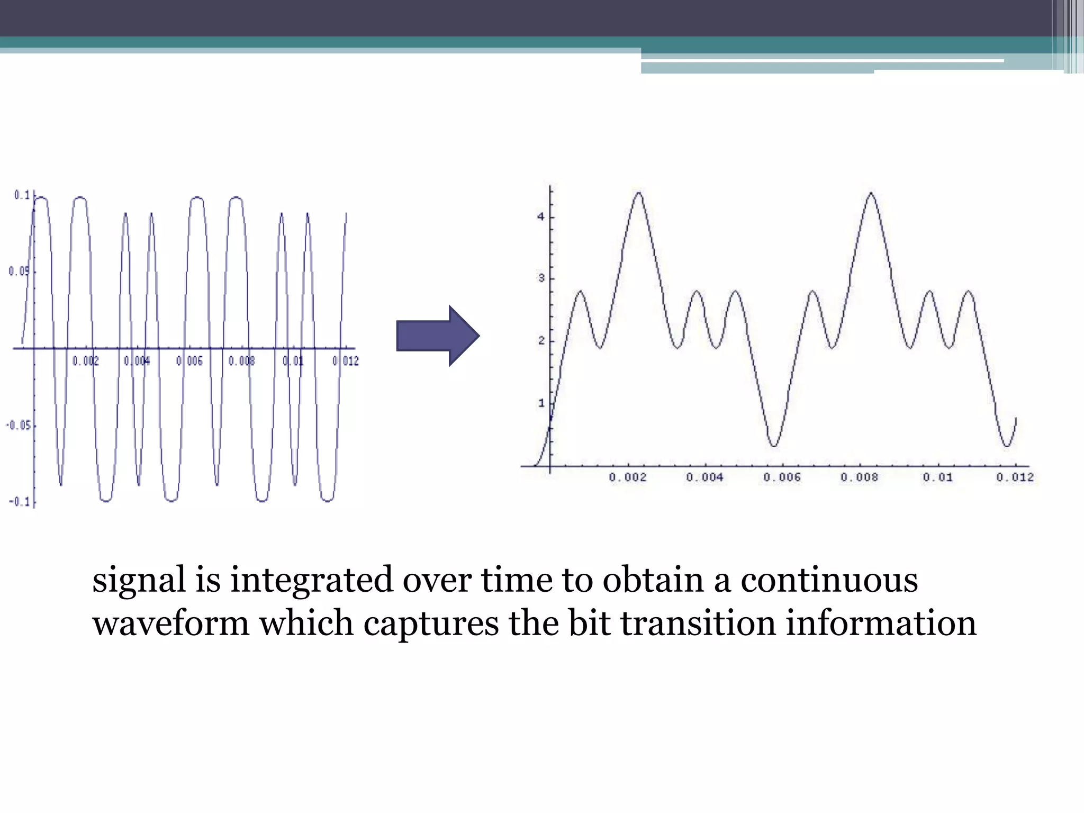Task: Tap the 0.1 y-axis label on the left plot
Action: [22, 195]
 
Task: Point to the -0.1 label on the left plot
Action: [19, 501]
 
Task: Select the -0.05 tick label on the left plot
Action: [18, 426]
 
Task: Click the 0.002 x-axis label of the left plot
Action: [86, 361]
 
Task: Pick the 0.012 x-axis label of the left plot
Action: [346, 361]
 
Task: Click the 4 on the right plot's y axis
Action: [541, 217]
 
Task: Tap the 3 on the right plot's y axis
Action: [541, 278]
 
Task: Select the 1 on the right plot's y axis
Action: [541, 403]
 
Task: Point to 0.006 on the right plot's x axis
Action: [782, 477]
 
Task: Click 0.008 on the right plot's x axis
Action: [859, 477]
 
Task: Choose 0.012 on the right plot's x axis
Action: [1015, 477]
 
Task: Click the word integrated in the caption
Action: [312, 580]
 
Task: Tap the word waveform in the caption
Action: [170, 624]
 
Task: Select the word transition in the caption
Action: [698, 624]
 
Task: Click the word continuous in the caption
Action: [829, 580]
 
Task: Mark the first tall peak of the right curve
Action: [639, 193]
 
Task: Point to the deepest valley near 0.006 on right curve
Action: [774, 446]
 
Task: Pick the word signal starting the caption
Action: [139, 580]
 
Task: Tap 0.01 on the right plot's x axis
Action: [937, 477]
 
